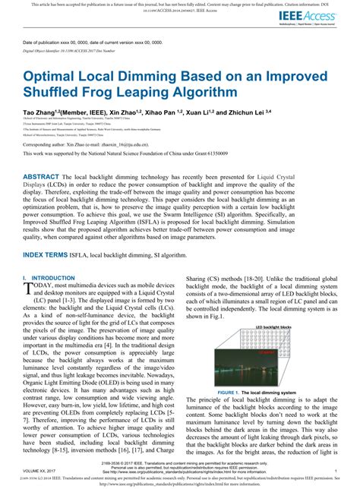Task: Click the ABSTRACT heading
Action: [x=47, y=176]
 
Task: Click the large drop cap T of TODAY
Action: [x=30, y=290]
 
